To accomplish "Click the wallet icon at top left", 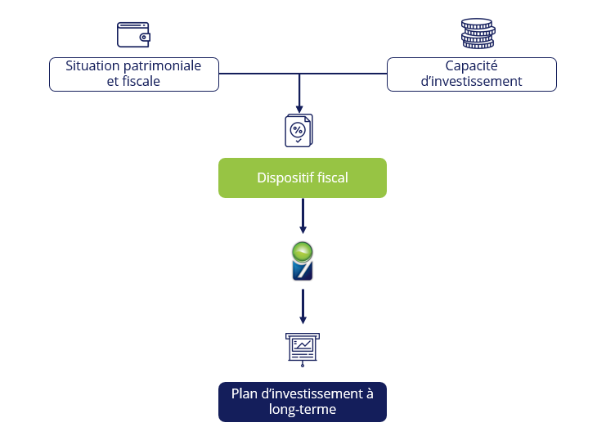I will tap(133, 34).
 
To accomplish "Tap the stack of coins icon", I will tap(477, 34).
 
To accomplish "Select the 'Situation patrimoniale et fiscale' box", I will tap(134, 74).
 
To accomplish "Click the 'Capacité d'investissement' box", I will tap(471, 74).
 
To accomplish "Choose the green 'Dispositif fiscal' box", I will tap(302, 178).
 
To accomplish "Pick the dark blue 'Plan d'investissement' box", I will tap(302, 402).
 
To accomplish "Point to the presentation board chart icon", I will tap(303, 348).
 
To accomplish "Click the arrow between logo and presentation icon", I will tap(303, 307).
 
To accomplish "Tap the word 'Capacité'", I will tap(471, 65).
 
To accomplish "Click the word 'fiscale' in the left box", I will tap(141, 81).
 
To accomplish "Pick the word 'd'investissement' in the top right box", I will tap(471, 81).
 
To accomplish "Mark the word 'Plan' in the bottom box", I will tap(244, 393).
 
